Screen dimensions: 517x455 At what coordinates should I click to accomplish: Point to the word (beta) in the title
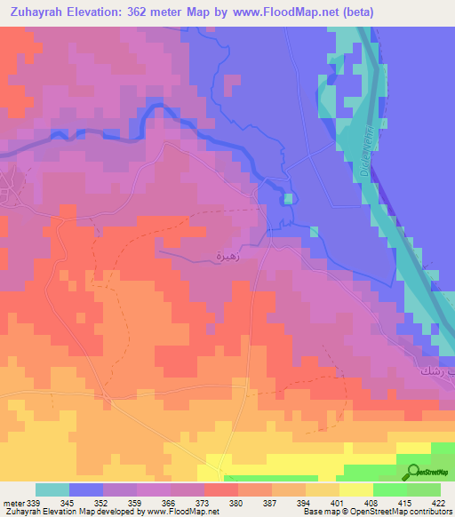[x=355, y=12]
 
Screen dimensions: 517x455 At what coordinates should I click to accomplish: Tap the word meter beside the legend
[x=14, y=503]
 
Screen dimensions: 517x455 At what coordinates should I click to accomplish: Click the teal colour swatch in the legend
[x=52, y=489]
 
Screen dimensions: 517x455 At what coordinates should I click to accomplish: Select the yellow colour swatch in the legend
[x=355, y=489]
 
